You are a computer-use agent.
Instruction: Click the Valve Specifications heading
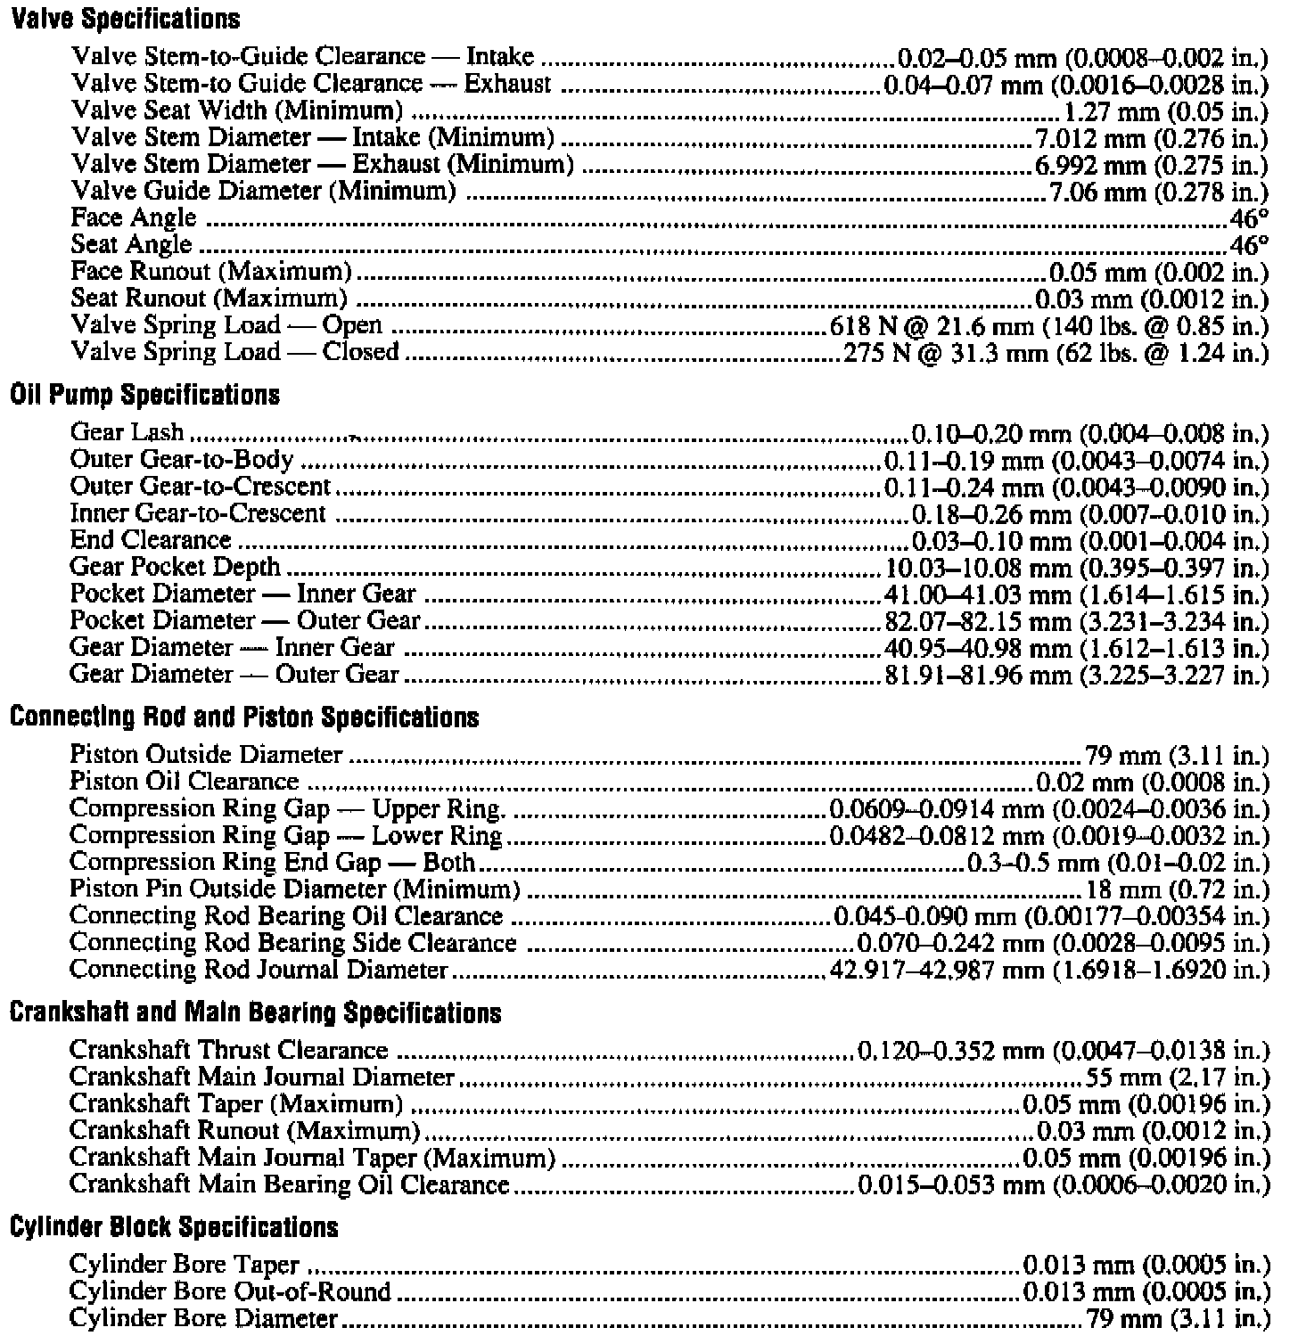tap(125, 18)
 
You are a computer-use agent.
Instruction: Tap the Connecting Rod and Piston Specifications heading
tap(244, 717)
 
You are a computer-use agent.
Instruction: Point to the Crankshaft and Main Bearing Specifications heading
tap(255, 1012)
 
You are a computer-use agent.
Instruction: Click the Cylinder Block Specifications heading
tap(174, 1227)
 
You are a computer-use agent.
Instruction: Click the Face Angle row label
tap(133, 218)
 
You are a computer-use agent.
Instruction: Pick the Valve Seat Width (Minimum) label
tap(236, 111)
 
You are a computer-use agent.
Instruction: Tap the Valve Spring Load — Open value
tap(1048, 326)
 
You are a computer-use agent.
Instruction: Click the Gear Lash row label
tap(127, 433)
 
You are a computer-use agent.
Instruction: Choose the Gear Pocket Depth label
tap(175, 568)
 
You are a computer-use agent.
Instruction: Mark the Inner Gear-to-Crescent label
tap(198, 514)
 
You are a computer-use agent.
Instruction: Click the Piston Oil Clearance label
tap(184, 782)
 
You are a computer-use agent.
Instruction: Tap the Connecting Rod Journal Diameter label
tap(258, 970)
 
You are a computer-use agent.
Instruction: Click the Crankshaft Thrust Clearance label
tap(228, 1051)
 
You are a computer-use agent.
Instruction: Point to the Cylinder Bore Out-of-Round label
tap(230, 1291)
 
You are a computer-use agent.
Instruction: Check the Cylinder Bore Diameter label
tap(203, 1318)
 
